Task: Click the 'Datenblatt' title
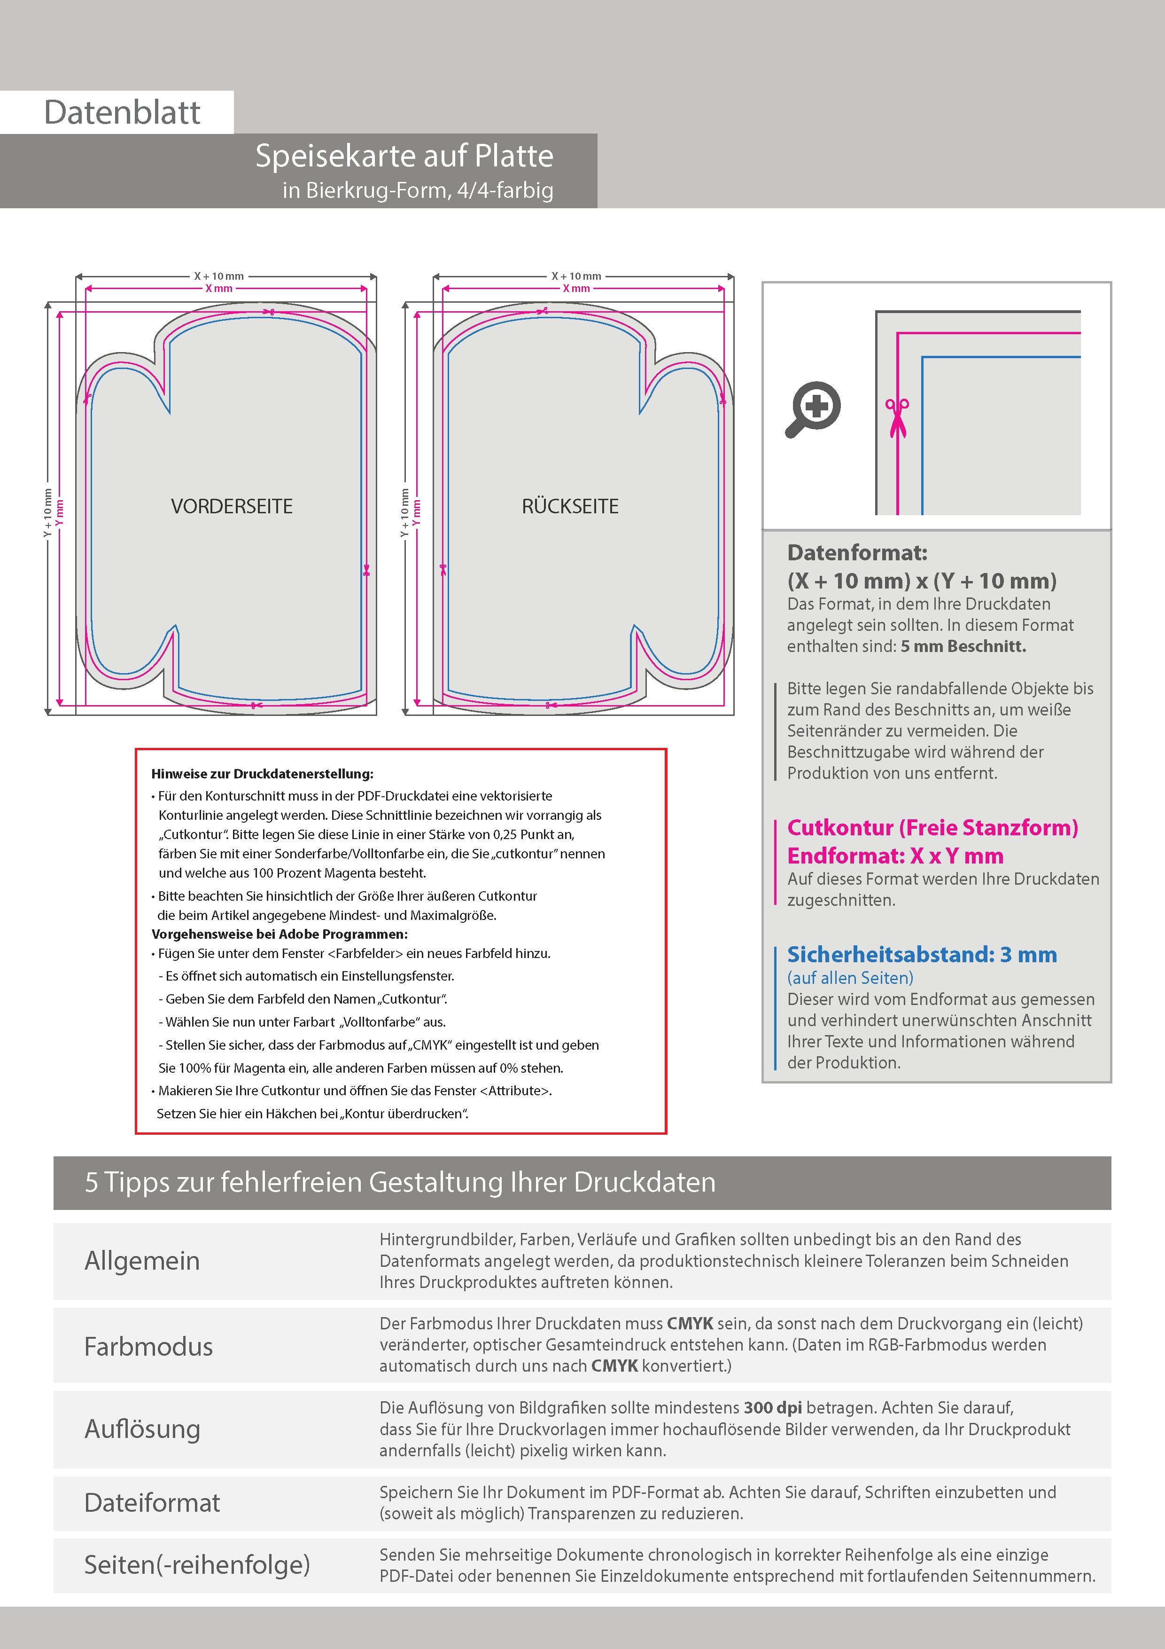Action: pos(122,113)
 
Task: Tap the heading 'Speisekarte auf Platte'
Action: pos(404,156)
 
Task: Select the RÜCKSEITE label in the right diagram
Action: pos(570,506)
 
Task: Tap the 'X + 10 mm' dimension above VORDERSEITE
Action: pos(219,276)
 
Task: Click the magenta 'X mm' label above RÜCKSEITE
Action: pos(576,289)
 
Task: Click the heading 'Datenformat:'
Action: pos(857,552)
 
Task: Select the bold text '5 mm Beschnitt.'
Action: pos(963,646)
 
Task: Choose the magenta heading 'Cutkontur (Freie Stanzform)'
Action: pos(932,827)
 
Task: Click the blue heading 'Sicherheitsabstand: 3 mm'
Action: pos(922,955)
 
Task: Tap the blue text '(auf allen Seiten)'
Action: pos(850,978)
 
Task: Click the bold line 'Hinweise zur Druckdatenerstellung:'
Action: pos(262,774)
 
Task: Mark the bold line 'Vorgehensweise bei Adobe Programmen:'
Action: pos(279,934)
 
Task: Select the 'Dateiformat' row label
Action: pos(152,1502)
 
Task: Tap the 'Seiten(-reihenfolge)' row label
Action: pos(197,1564)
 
